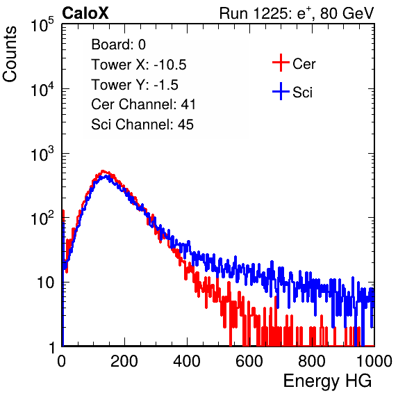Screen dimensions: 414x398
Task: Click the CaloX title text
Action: point(85,13)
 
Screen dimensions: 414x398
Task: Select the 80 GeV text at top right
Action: point(347,13)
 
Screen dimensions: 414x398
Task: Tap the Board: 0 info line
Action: point(119,45)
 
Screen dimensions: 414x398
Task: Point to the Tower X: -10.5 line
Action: point(139,65)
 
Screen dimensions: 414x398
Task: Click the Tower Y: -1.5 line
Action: point(135,85)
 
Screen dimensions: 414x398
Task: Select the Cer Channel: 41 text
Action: point(143,104)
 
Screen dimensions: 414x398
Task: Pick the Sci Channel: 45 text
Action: point(142,125)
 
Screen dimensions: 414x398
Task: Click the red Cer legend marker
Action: point(281,63)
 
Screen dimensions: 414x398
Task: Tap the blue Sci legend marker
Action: point(281,91)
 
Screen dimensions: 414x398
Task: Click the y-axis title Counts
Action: point(10,54)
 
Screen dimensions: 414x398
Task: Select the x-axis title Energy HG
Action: point(328,381)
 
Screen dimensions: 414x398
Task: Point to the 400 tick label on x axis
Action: point(187,361)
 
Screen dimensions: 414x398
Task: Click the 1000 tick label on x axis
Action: point(374,361)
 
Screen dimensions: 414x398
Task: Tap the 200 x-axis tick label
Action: point(124,361)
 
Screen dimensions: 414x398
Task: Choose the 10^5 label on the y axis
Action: point(42,24)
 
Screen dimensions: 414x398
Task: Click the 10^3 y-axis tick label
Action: point(42,154)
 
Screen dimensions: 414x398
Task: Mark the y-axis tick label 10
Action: point(45,282)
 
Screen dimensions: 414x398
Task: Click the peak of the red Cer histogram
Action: point(103,171)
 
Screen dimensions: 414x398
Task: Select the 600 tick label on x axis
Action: point(249,361)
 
